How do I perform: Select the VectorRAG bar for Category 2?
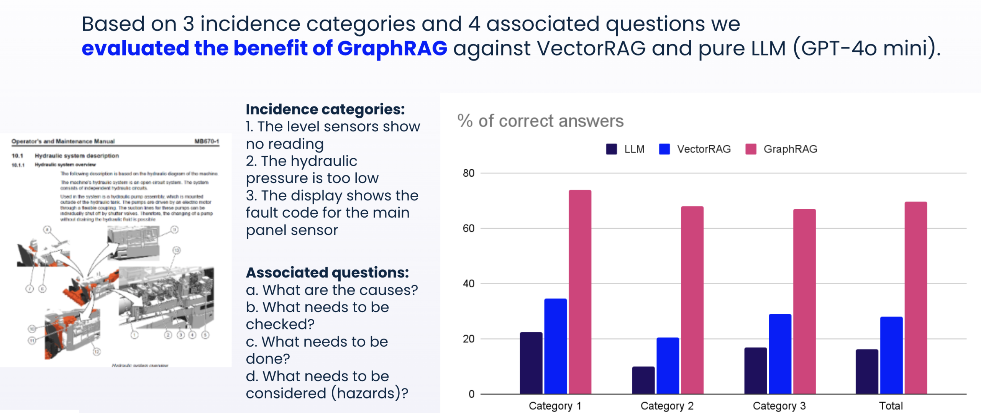[668, 365]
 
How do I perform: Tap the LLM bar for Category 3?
[756, 370]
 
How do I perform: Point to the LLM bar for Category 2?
[643, 380]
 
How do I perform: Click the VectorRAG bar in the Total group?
[891, 355]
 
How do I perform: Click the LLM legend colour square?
[612, 149]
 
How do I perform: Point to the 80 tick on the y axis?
[468, 173]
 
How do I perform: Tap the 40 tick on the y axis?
[468, 284]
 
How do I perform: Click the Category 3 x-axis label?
[779, 405]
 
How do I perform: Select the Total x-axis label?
[891, 405]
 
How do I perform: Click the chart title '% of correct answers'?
[540, 121]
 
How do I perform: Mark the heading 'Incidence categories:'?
[325, 109]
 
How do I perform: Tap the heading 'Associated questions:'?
[327, 272]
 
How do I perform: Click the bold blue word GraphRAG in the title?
[392, 48]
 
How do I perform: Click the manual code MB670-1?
[207, 141]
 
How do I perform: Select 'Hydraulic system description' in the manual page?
[77, 156]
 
